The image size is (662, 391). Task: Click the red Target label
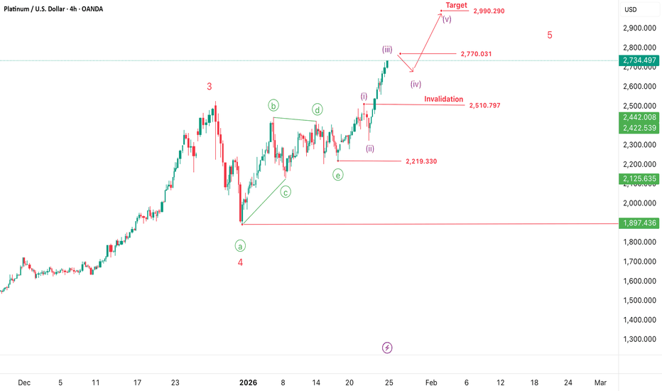[456, 5]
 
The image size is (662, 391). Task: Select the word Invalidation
[444, 99]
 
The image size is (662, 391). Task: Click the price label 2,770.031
[476, 54]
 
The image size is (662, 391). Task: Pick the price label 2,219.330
[421, 161]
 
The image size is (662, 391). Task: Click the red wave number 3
[210, 87]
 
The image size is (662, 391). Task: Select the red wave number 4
[240, 262]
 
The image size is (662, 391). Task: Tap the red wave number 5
[550, 35]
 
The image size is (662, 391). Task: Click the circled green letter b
[273, 106]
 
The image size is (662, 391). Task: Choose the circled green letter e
[337, 174]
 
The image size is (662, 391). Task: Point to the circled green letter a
[241, 245]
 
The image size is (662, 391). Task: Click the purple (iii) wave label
[387, 49]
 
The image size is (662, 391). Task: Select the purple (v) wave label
[447, 19]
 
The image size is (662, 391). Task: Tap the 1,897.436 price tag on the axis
[640, 223]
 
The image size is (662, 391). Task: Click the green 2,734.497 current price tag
[640, 60]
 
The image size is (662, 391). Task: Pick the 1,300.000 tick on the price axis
[640, 339]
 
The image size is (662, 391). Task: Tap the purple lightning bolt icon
[387, 348]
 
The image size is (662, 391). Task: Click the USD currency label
[631, 9]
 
